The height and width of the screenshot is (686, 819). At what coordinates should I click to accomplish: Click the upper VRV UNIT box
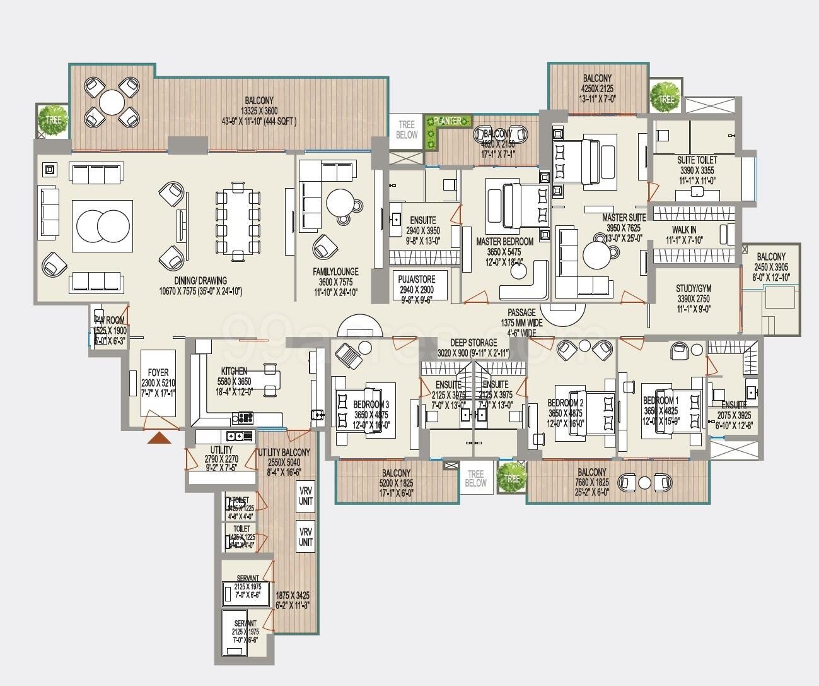click(306, 496)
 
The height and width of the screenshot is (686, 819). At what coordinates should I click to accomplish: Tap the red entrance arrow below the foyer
click(159, 437)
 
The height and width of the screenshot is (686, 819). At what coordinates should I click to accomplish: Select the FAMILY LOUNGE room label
click(336, 272)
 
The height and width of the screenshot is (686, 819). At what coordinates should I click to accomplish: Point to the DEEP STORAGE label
click(473, 343)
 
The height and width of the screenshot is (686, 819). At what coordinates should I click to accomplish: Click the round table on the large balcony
click(112, 102)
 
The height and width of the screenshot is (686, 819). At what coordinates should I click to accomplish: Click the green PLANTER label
click(448, 121)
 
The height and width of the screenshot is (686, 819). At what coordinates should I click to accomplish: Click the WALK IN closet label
click(684, 230)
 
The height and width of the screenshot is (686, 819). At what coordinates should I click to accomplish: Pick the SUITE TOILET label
click(697, 160)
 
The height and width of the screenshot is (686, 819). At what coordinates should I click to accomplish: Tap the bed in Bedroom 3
click(365, 412)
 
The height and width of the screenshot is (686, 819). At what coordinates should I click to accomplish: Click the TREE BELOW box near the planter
click(407, 130)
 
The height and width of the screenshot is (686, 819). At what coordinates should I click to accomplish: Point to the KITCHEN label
click(234, 371)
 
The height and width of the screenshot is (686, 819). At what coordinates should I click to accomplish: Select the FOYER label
click(158, 372)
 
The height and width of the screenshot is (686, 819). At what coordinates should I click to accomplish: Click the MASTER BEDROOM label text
click(504, 242)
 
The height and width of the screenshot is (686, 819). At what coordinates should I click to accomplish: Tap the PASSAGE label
click(521, 312)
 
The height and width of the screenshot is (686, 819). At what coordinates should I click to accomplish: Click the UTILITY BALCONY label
click(284, 452)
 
